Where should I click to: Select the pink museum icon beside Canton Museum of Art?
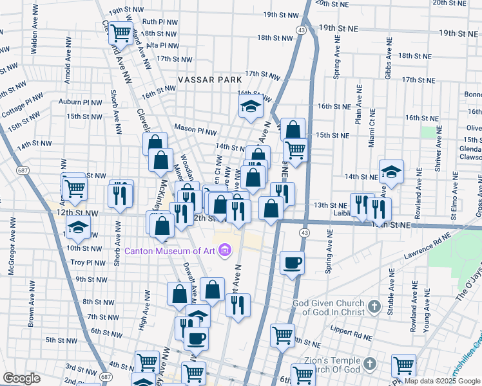pos(225,249)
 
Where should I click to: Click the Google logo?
pos(21,378)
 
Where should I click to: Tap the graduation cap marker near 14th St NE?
pos(390,171)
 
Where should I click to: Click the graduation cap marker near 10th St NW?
pos(78,226)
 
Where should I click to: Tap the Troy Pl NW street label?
pos(87,262)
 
